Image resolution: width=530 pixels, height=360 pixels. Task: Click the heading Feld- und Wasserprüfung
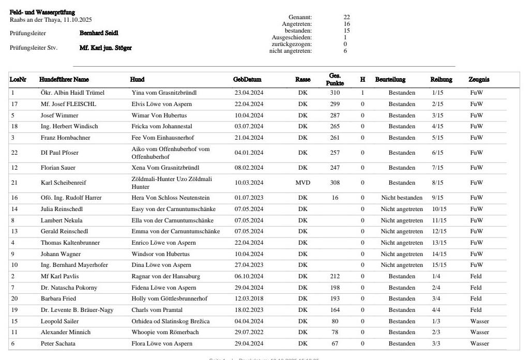42,12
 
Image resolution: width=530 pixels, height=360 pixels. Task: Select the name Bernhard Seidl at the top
99,33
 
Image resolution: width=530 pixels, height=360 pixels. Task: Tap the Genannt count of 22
346,18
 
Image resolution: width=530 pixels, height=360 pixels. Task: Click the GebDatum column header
247,80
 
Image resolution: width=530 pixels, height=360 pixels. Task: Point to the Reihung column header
441,80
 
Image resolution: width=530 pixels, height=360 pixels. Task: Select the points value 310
335,93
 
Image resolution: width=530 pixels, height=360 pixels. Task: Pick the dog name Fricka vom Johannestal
162,126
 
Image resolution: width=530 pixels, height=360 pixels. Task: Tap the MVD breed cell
303,183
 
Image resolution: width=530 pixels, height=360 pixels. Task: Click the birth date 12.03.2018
249,298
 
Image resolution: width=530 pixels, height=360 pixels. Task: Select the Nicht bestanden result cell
402,198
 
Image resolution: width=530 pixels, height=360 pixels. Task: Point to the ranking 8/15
437,183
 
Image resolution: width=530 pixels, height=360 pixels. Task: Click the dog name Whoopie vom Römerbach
165,332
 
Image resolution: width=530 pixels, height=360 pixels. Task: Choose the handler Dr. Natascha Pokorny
69,288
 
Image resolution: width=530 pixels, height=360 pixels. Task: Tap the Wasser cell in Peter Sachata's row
479,343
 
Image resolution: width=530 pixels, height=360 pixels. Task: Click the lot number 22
14,153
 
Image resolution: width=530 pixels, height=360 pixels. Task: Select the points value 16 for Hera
335,198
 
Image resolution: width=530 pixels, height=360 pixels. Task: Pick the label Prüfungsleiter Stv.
34,48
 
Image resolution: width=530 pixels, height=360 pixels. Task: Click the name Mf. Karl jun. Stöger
105,48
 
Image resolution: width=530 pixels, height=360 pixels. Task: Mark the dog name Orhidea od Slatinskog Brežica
171,321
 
